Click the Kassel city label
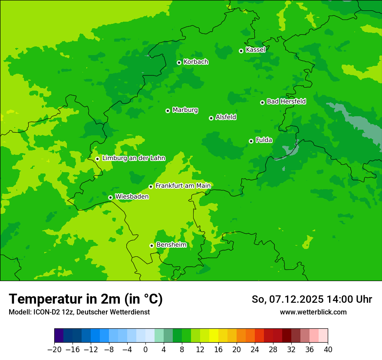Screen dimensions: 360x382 [x=255, y=50]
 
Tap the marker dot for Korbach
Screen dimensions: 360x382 [x=179, y=62]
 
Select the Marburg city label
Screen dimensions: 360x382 [x=185, y=110]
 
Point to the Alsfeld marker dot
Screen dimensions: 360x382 [x=211, y=118]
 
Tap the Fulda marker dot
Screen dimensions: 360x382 [x=251, y=141]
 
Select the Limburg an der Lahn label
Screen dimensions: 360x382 [x=134, y=158]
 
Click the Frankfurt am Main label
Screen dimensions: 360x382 [x=183, y=186]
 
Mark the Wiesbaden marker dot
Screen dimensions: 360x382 [x=110, y=197]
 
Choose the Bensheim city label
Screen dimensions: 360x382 [x=171, y=245]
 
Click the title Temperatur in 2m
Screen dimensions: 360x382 [x=86, y=299]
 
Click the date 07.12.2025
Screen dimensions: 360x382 [x=296, y=299]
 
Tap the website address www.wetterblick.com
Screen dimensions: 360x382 [x=313, y=312]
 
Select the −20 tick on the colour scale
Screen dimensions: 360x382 [x=54, y=350]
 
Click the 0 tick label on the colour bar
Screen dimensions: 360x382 [x=145, y=350]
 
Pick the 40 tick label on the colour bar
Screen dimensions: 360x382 [x=328, y=350]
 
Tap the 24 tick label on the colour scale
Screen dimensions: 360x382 [x=255, y=350]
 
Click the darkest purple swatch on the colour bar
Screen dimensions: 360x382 [x=59, y=336]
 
